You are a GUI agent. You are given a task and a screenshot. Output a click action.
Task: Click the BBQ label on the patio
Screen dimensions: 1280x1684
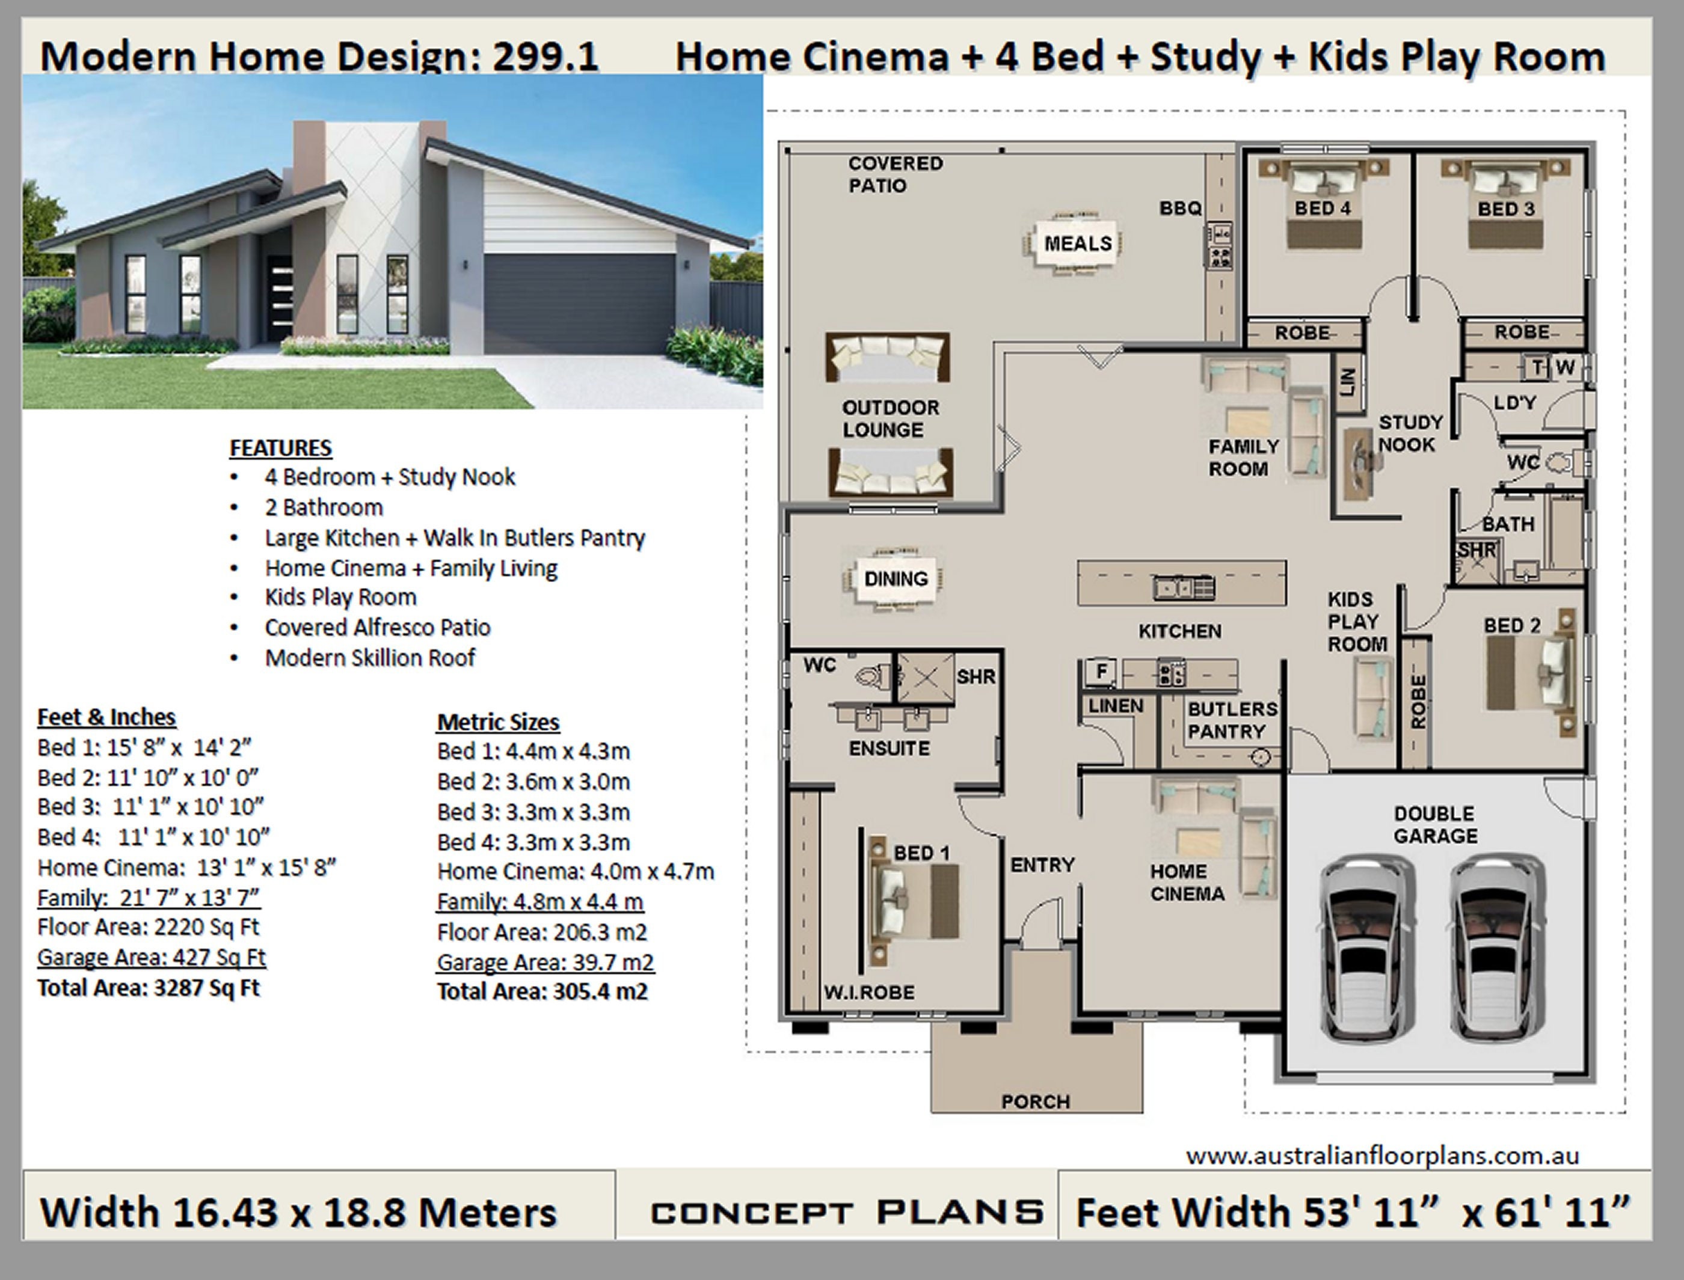point(1181,208)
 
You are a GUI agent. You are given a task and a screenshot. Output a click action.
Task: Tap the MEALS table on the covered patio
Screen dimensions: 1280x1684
point(1077,244)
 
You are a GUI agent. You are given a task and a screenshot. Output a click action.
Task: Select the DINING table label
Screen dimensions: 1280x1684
point(896,579)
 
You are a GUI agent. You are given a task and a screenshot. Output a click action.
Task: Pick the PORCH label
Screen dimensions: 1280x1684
point(1035,1101)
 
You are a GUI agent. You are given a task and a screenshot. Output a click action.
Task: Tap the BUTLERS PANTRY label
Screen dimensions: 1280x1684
point(1231,720)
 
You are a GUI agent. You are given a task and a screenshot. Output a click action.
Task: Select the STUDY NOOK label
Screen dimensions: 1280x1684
point(1410,433)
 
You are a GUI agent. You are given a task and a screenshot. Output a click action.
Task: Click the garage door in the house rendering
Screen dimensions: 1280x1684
point(579,303)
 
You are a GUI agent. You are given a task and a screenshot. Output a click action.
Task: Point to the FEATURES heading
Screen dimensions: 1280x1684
point(280,448)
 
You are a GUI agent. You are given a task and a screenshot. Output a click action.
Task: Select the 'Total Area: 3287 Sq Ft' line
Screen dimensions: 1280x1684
point(149,988)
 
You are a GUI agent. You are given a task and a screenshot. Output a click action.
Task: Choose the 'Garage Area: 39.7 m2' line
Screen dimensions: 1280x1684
point(545,963)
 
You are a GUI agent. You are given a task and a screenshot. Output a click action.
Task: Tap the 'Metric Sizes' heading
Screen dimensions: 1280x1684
point(497,721)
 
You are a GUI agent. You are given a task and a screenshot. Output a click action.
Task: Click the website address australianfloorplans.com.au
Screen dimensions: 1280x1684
point(1381,1156)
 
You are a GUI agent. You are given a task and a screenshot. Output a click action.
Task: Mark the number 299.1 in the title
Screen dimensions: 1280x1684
point(545,57)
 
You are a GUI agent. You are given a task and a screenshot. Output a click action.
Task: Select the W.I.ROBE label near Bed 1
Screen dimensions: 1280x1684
point(868,992)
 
